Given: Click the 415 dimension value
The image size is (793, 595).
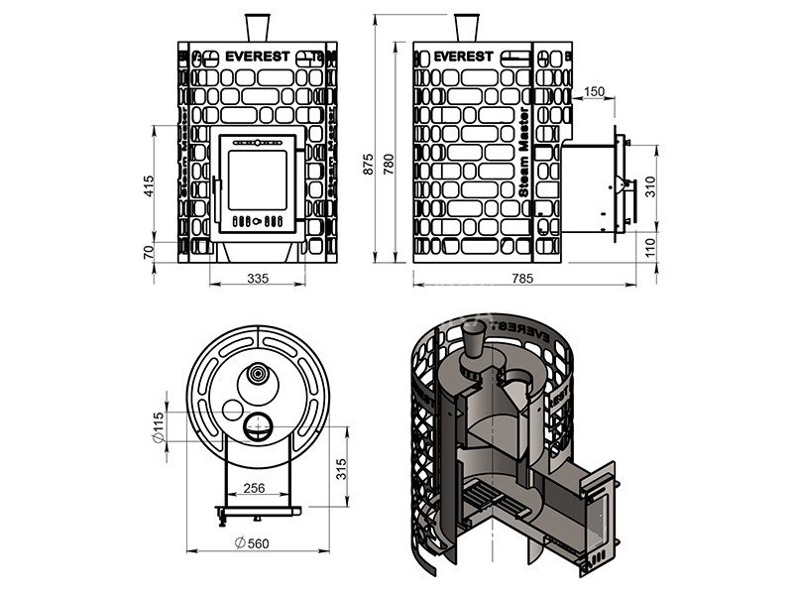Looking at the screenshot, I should [x=149, y=185].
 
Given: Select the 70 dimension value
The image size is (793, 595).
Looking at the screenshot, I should [x=149, y=252].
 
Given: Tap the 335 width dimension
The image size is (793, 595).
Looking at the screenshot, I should [x=258, y=279].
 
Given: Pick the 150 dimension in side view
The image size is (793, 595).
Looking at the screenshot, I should [x=594, y=91].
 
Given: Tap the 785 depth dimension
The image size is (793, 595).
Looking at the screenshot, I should [x=522, y=279].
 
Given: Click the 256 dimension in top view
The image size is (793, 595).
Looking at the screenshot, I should [x=255, y=488].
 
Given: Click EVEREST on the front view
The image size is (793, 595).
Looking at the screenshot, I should [x=257, y=56].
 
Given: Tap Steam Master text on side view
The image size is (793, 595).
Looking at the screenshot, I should [x=522, y=160].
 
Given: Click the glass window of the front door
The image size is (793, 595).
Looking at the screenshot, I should [x=257, y=178].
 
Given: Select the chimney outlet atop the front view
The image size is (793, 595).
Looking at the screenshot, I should [x=257, y=27].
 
